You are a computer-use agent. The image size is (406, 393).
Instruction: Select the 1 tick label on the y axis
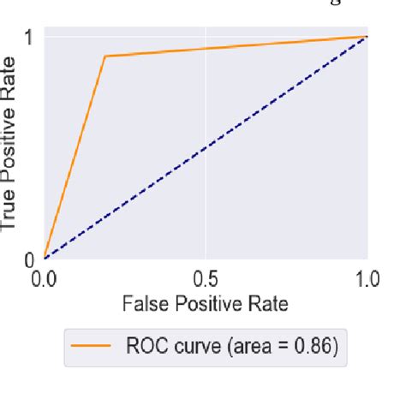(x=27, y=37)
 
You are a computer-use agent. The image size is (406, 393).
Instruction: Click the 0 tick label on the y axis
(x=27, y=258)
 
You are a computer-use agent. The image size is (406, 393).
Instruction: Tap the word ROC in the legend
(x=145, y=347)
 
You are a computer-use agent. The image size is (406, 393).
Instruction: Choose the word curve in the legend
(x=194, y=347)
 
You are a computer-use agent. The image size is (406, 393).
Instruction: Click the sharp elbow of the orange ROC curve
(x=105, y=57)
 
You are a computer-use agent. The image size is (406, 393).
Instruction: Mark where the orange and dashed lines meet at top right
(x=367, y=37)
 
